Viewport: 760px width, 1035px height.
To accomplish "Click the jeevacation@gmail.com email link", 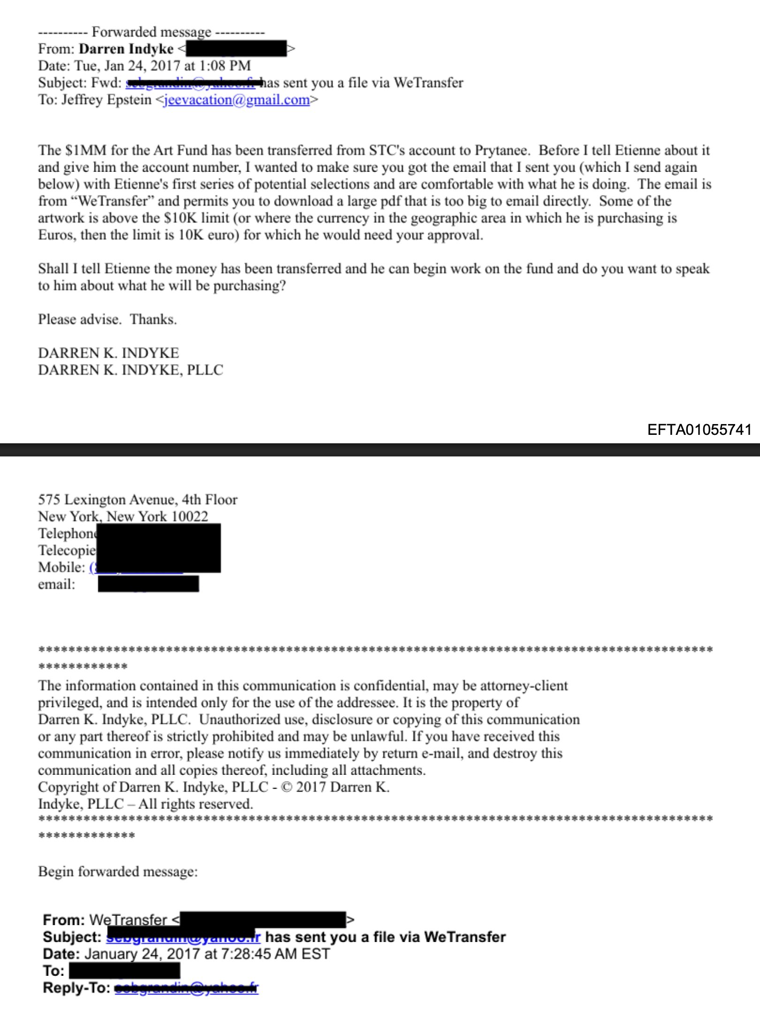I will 236,100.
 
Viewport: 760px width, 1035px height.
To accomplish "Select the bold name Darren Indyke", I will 126,49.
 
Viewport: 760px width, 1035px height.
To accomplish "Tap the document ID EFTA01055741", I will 699,430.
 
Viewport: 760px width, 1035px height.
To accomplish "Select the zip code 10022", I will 189,517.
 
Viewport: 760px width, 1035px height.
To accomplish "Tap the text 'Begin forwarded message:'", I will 118,872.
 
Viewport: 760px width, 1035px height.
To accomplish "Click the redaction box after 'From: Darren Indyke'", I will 236,49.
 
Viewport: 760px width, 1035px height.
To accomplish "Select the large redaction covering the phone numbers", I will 159,548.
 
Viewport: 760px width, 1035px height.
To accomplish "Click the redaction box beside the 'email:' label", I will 148,584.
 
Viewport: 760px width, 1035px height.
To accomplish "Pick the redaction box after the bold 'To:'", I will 124,971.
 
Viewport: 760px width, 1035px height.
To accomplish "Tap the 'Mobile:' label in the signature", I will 61,567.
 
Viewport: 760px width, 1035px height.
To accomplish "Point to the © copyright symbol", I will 286,787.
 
